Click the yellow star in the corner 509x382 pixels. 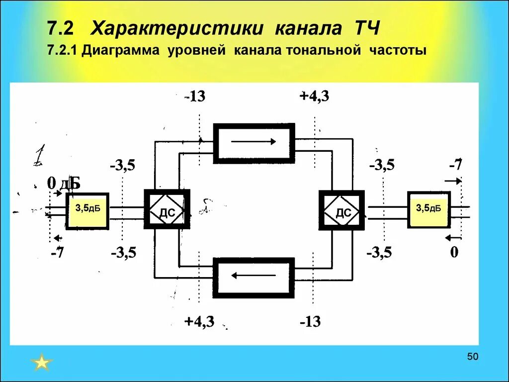pyautogui.click(x=42, y=362)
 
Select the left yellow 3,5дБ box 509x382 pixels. pyautogui.click(x=87, y=211)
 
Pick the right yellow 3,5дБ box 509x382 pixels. pyautogui.click(x=428, y=209)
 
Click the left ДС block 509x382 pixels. pyautogui.click(x=167, y=209)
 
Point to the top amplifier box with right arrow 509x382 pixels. pyautogui.click(x=254, y=141)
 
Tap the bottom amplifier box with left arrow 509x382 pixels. pyautogui.click(x=254, y=277)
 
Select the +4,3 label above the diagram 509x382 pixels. pyautogui.click(x=314, y=96)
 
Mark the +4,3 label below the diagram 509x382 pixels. pyautogui.click(x=199, y=321)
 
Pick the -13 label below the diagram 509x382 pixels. pyautogui.click(x=310, y=322)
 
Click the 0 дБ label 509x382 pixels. pyautogui.click(x=63, y=184)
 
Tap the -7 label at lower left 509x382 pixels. pyautogui.click(x=58, y=253)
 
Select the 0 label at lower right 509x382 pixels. pyautogui.click(x=454, y=253)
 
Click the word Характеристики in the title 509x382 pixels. pyautogui.click(x=177, y=28)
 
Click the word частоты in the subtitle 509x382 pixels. pyautogui.click(x=398, y=51)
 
